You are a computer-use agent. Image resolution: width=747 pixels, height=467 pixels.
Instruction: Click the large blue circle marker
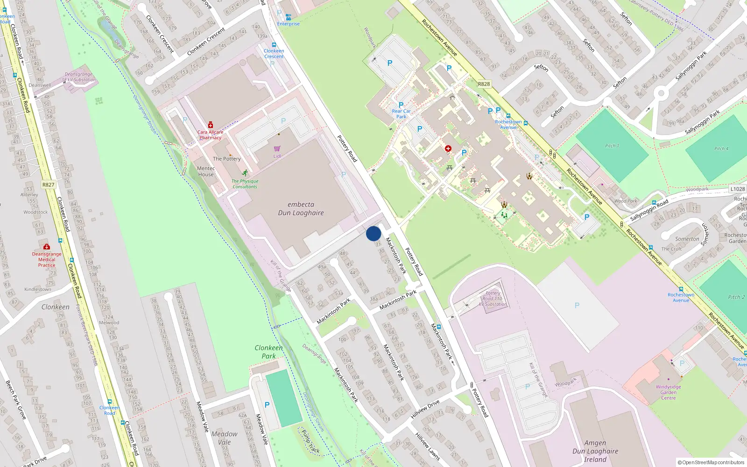point(373,233)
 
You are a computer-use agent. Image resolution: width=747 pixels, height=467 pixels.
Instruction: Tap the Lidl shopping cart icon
point(277,149)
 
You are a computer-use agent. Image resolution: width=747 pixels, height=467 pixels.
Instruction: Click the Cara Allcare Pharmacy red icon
point(211,125)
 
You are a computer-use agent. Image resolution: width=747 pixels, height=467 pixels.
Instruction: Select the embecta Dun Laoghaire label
point(301,209)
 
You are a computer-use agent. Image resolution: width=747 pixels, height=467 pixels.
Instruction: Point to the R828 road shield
point(484,84)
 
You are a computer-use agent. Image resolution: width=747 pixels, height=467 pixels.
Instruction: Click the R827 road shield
point(49,184)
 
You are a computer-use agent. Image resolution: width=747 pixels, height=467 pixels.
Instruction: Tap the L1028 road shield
point(738,189)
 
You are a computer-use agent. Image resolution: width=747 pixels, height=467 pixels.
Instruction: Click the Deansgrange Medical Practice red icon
point(46,247)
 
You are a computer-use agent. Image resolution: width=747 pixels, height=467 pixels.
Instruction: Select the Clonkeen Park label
point(268,352)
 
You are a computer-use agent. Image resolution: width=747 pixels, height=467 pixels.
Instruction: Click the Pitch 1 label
point(612,146)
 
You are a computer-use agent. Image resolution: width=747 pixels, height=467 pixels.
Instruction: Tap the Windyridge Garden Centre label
point(668,392)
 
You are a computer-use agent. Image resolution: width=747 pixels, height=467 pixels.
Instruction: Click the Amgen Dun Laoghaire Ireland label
point(595,451)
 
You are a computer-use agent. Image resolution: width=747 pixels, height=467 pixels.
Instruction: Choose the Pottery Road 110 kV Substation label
point(493,299)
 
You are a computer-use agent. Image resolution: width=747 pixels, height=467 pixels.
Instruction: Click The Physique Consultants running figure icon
point(245,173)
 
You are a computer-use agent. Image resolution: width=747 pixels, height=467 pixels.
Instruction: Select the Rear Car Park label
point(401,114)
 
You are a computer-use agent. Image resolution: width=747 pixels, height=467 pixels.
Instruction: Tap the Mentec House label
point(205,171)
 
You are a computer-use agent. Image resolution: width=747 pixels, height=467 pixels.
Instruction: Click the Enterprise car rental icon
point(288,17)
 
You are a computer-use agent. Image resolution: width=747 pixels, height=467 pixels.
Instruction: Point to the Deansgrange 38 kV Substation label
point(79,77)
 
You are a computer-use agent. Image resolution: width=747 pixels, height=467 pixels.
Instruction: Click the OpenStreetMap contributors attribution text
point(711,462)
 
